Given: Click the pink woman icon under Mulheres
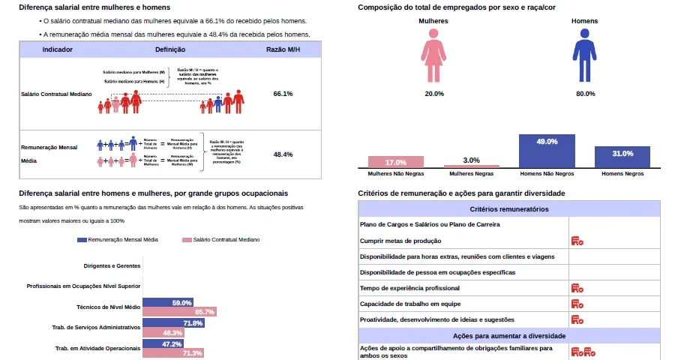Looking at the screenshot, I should (433, 60).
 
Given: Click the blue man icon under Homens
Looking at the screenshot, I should (583, 60).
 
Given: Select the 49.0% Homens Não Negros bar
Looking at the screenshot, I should (547, 151).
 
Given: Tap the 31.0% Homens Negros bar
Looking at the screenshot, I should (622, 156).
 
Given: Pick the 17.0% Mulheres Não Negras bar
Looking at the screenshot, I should (395, 162).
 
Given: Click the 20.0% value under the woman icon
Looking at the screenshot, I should (433, 94).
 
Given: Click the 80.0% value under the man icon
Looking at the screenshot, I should (585, 94).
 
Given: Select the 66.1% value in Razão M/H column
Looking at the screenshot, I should (283, 94).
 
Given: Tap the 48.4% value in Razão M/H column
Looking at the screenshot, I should (283, 154).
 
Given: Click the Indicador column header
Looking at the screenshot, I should (58, 49).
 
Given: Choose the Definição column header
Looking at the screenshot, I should (170, 49).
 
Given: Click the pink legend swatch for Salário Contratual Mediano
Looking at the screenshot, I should (187, 240).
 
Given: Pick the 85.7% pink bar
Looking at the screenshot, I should (179, 311).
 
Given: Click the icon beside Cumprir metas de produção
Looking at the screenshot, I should (577, 241).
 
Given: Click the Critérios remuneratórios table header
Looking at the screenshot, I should (508, 209).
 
